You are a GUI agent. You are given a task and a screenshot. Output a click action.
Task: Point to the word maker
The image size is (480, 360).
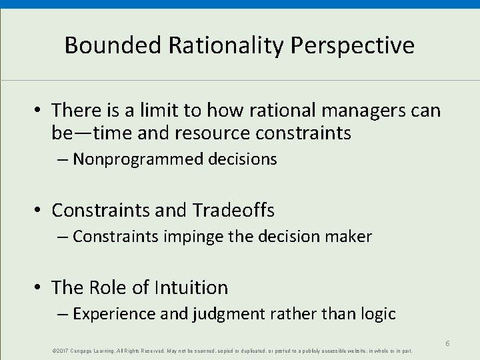349,237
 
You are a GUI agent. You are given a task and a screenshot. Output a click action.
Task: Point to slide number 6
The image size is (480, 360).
448,343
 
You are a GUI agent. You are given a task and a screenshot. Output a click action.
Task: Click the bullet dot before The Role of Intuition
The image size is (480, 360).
39,288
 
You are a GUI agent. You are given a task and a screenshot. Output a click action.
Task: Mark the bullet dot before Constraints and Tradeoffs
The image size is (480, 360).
39,211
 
